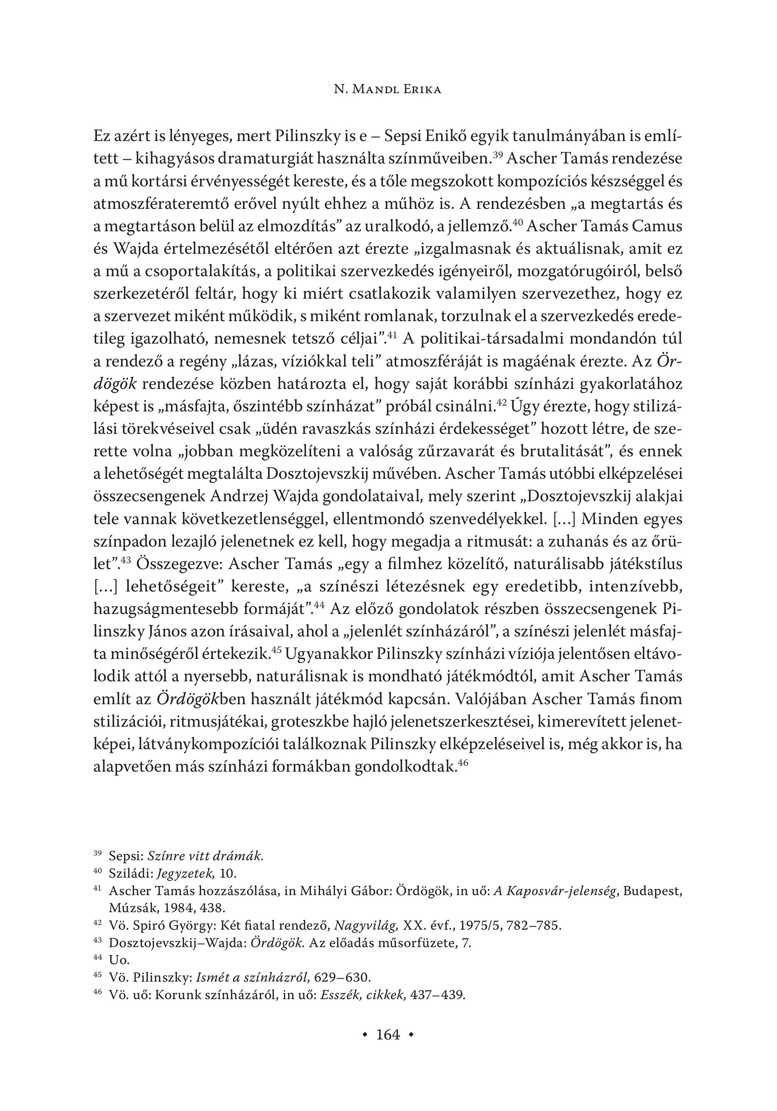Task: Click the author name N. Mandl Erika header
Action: click(388, 90)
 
